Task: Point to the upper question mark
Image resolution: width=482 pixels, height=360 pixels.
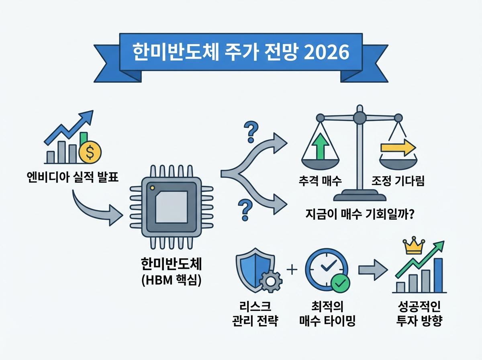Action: pos(251,132)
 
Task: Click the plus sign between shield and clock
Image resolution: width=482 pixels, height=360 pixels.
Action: pos(292,270)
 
